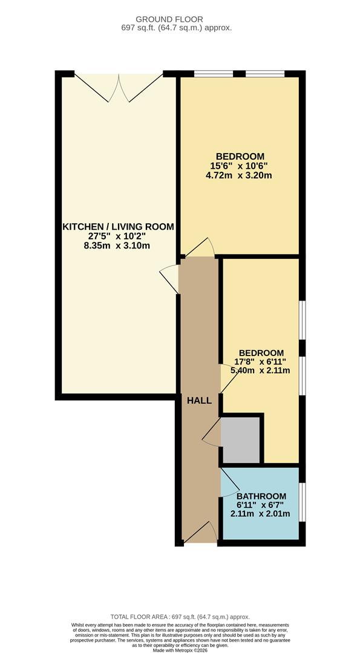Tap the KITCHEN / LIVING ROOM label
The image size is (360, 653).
118,227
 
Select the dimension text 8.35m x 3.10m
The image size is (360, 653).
118,245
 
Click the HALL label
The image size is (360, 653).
198,400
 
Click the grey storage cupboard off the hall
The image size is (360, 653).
240,439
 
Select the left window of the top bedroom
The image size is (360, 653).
213,74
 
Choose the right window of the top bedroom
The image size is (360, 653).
265,74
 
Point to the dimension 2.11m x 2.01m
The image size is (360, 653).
261,514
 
